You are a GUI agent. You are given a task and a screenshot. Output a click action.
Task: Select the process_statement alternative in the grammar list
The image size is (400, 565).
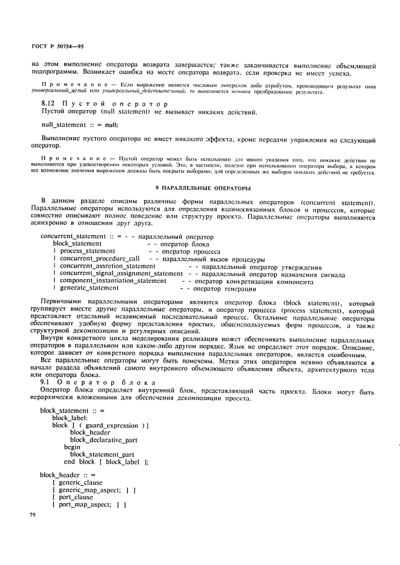click(87, 251)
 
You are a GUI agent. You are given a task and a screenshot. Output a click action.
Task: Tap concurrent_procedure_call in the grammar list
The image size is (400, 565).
click(99, 259)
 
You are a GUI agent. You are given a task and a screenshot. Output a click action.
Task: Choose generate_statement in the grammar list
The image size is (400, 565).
click(89, 288)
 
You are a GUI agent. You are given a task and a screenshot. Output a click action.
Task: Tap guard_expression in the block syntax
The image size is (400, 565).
click(112, 425)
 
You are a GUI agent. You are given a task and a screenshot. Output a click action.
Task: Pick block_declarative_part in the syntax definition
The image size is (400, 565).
click(103, 439)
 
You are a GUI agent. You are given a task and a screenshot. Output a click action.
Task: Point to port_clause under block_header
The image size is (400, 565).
click(76, 497)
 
